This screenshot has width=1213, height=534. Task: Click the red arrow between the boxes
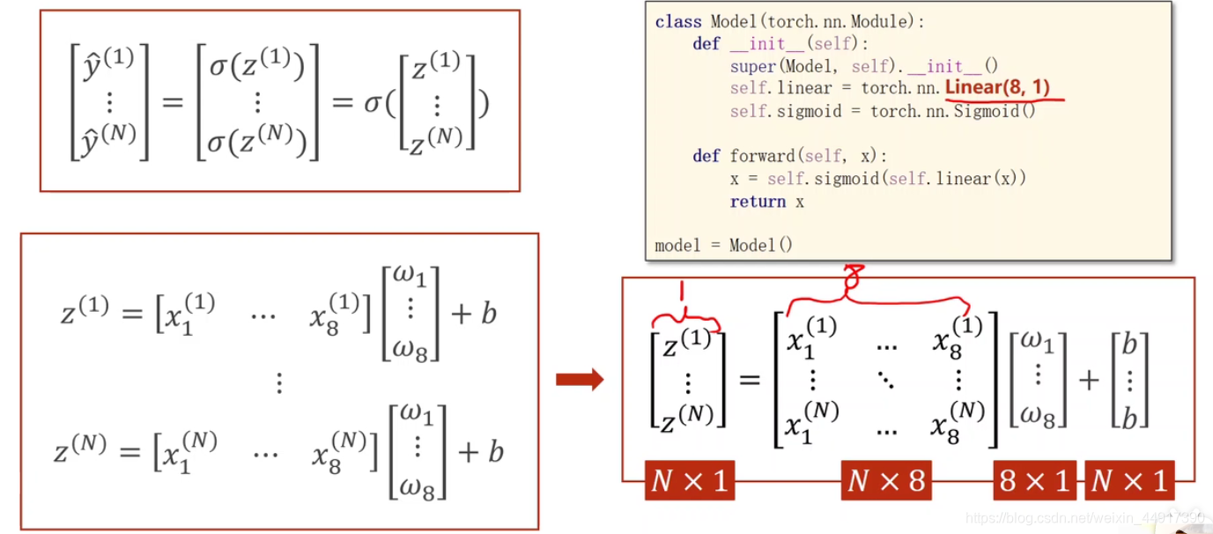tap(580, 380)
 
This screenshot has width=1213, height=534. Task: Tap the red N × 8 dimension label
tap(886, 481)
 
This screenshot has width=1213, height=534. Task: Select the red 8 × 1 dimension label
tap(1035, 481)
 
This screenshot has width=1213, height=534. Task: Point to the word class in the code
tap(678, 22)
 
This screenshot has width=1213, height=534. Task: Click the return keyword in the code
tap(758, 202)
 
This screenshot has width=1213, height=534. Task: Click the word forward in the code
tap(762, 157)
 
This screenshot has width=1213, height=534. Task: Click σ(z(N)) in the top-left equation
tap(257, 141)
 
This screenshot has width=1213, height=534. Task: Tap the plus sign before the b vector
tap(1090, 380)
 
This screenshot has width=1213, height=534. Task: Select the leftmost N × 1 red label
tap(690, 481)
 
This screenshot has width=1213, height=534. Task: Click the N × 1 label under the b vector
tap(1130, 481)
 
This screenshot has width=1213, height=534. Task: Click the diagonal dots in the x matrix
tap(884, 379)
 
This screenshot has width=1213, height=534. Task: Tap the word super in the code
tap(748, 66)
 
